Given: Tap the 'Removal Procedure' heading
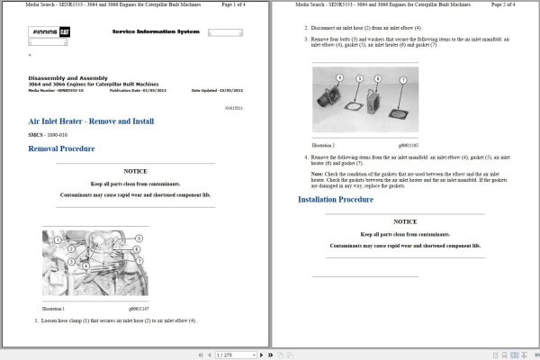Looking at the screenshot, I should coord(61,148).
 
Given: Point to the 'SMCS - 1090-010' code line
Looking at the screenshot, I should coord(52,134).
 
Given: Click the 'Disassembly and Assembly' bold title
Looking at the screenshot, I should coord(66,78).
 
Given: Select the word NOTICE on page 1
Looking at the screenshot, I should coord(135,171).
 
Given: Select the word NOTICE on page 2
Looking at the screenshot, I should coord(405,221).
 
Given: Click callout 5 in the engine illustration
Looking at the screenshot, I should coord(139,237).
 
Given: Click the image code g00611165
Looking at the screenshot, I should coord(409,145).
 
